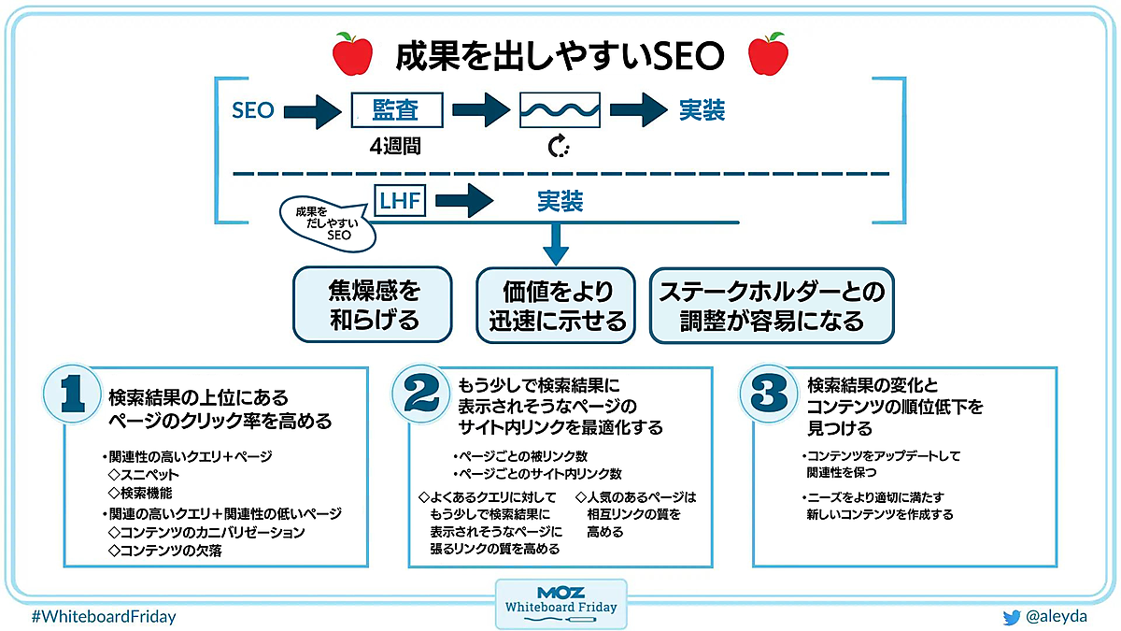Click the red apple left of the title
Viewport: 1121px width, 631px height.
coord(352,55)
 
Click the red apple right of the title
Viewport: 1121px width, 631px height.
coord(768,55)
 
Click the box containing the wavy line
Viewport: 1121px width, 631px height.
coord(559,111)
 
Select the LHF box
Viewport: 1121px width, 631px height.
coord(400,200)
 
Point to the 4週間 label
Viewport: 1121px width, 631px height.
coord(394,148)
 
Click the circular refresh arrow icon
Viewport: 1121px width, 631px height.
coord(559,147)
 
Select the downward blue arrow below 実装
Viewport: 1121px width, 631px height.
coord(557,244)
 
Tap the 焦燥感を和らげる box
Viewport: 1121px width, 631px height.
coord(373,306)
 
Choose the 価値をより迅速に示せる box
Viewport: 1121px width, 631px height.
coord(557,306)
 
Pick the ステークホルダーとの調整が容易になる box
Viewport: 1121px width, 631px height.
coord(772,306)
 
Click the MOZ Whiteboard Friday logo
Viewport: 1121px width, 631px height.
coord(560,603)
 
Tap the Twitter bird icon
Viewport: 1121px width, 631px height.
coord(1011,617)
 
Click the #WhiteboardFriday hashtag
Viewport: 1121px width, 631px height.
coord(103,617)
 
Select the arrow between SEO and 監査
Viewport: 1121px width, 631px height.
coord(313,111)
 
